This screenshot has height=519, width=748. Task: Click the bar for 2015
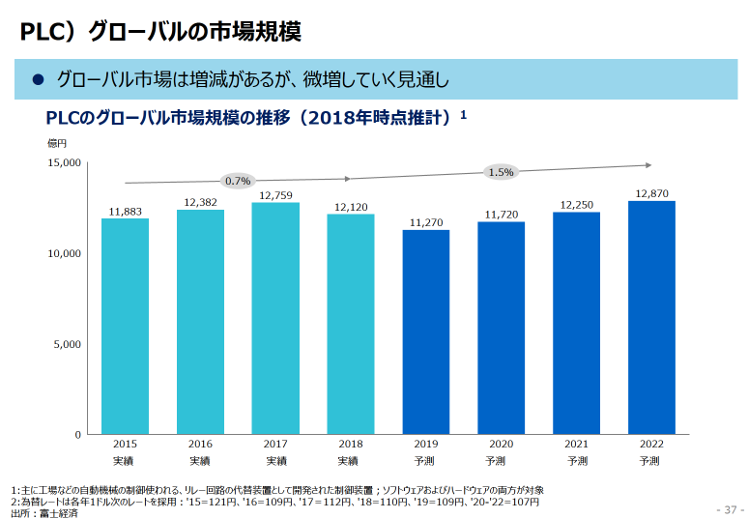point(125,327)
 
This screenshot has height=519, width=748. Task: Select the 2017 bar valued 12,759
point(275,319)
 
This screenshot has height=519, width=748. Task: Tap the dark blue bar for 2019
point(426,332)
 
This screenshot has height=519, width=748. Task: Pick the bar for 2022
point(651,318)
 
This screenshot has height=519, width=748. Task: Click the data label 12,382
point(200,203)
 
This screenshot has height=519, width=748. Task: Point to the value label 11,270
point(426,222)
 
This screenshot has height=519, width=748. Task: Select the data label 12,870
point(651,193)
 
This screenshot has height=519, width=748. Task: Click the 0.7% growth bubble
point(238,181)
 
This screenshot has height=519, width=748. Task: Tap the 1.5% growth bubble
point(501,172)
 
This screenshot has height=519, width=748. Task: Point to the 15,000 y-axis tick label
point(65,162)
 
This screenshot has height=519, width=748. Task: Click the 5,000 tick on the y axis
point(68,344)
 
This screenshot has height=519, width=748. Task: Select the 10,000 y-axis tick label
point(65,253)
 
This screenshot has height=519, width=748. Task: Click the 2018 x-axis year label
point(351,445)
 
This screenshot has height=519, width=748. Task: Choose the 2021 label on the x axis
point(576,445)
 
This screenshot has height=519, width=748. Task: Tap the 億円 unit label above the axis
point(56,142)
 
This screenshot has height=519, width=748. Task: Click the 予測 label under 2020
point(501,461)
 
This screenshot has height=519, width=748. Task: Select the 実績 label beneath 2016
point(200,461)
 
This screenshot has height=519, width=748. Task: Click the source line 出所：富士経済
point(44,512)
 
